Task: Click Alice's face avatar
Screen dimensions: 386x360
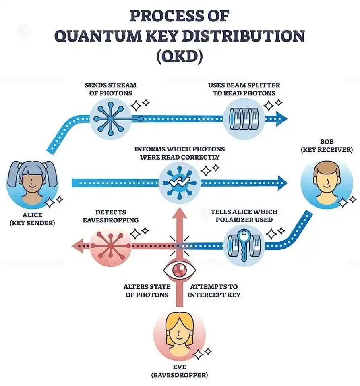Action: (33, 183)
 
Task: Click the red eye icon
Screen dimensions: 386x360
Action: (178, 270)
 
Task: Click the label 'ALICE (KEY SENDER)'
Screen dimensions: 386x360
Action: (32, 218)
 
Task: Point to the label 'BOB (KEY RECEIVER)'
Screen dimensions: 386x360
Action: (325, 146)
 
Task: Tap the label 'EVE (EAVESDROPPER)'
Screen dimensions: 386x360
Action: (179, 371)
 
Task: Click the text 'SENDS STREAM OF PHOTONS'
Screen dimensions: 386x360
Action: (110, 89)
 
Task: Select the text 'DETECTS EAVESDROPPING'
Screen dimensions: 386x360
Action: (111, 216)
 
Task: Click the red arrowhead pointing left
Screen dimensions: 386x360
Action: (77, 245)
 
